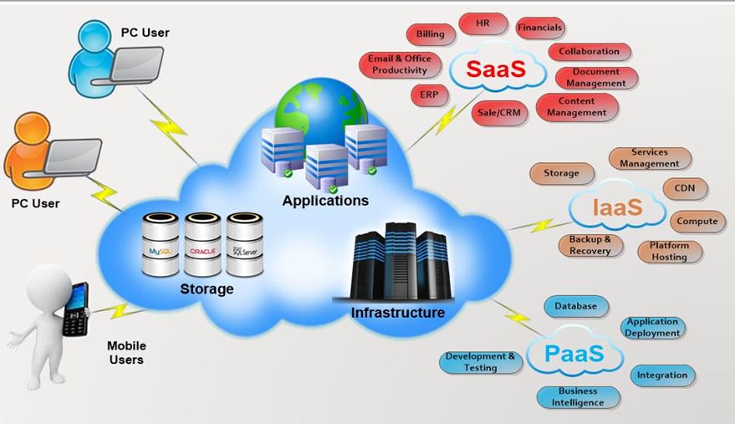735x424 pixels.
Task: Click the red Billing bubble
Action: pos(431,35)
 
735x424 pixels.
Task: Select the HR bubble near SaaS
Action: pos(482,23)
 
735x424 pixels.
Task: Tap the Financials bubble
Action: pos(539,28)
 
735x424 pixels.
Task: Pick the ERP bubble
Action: pos(430,95)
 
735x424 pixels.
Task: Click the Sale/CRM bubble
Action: pos(500,113)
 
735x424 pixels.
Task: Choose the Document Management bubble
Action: pos(596,78)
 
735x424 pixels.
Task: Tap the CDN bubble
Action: pos(685,188)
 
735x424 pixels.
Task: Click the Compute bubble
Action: pos(697,222)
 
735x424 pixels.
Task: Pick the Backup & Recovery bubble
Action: pos(590,245)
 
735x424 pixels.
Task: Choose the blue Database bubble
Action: pos(575,306)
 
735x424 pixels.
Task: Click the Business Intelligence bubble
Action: pos(578,397)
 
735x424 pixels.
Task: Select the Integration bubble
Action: pos(662,375)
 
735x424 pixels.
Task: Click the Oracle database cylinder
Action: pos(202,245)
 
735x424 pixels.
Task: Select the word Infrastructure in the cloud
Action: pos(397,314)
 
